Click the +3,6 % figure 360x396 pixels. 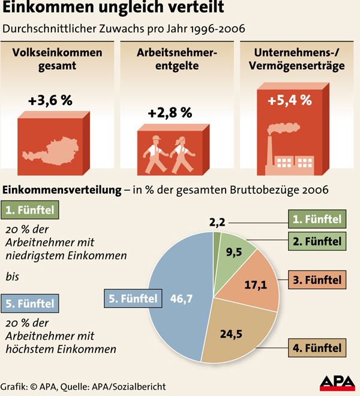pos(50,100)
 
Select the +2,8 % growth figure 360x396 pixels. pos(170,112)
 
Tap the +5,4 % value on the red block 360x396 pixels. pos(290,100)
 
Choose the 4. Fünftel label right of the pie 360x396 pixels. pos(317,347)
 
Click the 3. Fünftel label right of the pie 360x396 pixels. pos(317,280)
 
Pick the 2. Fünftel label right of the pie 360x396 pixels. pos(317,242)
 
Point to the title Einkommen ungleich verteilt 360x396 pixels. pos(114,9)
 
